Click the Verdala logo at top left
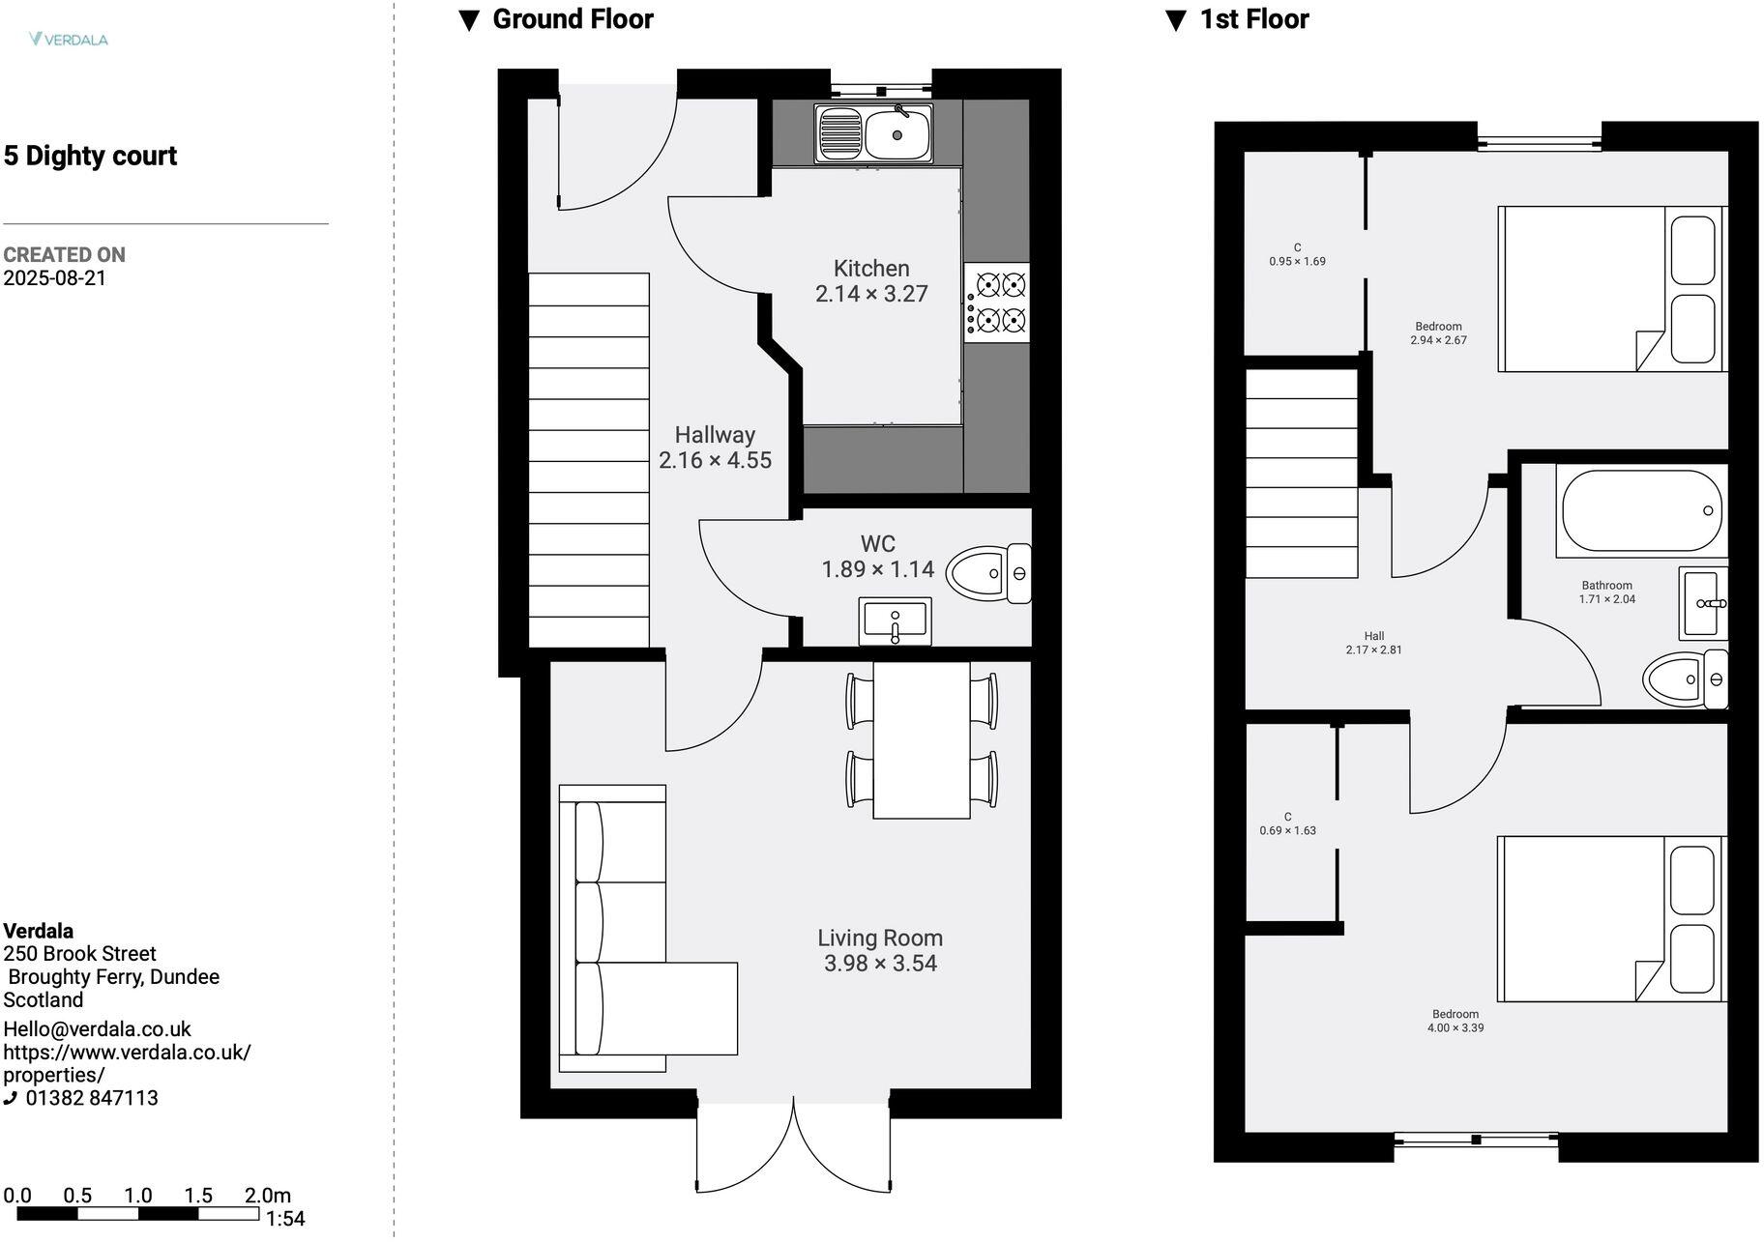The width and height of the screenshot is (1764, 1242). click(68, 40)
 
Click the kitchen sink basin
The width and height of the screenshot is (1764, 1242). click(897, 134)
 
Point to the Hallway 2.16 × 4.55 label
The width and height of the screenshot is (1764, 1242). click(715, 448)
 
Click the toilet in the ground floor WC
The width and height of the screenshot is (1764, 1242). click(986, 573)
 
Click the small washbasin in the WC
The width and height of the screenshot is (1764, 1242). click(895, 621)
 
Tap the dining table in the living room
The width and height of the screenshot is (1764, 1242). click(921, 740)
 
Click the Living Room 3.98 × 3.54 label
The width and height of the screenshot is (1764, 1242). click(880, 950)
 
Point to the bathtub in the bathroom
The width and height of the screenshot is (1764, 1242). click(1639, 510)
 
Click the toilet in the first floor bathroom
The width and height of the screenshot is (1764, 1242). click(1683, 679)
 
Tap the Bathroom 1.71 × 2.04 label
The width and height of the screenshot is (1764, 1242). click(1606, 592)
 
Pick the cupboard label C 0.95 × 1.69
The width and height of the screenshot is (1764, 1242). click(1297, 254)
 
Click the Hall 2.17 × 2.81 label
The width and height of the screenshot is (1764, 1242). click(1373, 643)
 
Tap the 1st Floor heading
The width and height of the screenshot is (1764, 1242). click(1253, 19)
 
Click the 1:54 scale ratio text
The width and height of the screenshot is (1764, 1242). click(285, 1219)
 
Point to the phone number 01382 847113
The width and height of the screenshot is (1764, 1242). click(91, 1098)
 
